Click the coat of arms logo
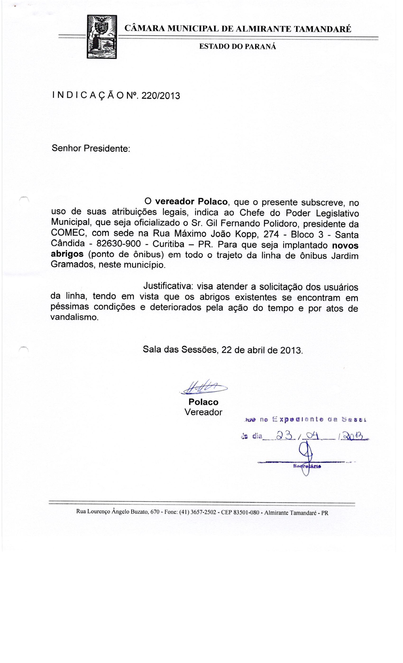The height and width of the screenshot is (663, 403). coord(102,37)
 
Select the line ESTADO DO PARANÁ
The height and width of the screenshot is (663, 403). coord(238,47)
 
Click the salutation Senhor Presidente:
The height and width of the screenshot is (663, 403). coord(91,148)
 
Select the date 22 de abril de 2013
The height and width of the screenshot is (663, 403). coord(262,350)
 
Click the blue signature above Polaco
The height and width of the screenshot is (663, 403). coord(204,389)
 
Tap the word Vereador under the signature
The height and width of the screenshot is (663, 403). coord(203,412)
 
